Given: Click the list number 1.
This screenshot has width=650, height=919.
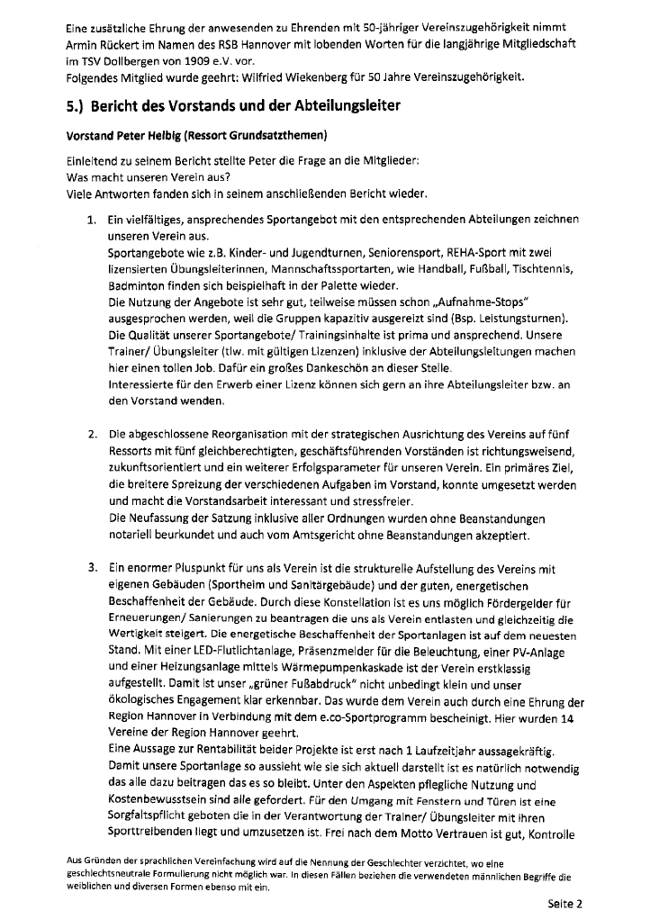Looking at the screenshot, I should point(93,220).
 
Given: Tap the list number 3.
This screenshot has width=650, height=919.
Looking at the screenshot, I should point(93,569).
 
